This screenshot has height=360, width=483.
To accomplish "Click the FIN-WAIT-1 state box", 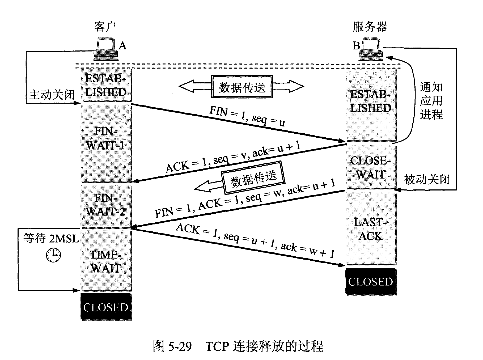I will coord(106,142).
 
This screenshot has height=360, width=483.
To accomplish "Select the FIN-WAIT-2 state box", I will coord(106,205).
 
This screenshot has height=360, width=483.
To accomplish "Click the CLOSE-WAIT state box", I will coord(371,167).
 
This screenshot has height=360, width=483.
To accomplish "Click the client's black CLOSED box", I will coord(106,307).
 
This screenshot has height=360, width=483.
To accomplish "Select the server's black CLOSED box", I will coord(371,282).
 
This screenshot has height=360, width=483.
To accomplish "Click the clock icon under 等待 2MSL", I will coord(53,255).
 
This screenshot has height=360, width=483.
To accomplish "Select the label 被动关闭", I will coord(427,179).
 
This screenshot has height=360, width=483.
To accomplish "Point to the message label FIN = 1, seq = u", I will coord(247,116).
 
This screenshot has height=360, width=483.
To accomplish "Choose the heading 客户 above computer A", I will coord(105,27).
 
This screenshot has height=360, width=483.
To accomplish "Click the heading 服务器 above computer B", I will coord(370,27).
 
